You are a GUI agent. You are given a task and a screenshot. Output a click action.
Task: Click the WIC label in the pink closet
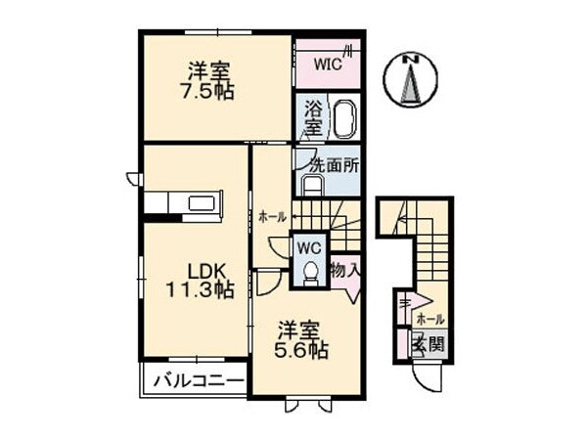[x=327, y=65]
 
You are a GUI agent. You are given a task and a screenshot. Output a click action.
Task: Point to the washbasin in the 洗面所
[x=313, y=185]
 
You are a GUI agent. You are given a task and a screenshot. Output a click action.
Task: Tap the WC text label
[x=310, y=247]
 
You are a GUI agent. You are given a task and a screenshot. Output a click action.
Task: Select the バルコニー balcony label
[x=197, y=379]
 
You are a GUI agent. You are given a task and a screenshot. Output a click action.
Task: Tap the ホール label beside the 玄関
[x=429, y=319]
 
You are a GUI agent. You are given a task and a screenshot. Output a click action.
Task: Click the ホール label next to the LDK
[x=272, y=217]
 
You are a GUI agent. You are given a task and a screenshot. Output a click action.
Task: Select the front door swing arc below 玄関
[x=428, y=375]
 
